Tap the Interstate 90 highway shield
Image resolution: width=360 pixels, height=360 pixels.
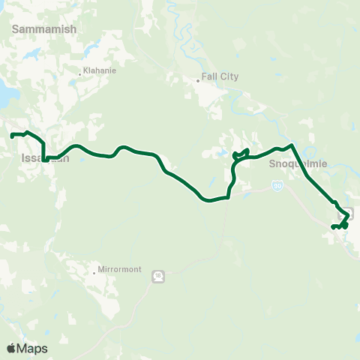tap(277, 185)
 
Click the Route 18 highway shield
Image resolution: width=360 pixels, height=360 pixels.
tap(158, 276)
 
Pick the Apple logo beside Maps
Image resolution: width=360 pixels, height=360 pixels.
tap(11, 348)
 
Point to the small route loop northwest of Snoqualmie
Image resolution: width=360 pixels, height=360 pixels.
tap(241, 154)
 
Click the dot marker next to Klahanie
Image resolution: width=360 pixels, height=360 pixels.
tap(80, 73)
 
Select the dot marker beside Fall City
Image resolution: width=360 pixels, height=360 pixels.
tap(198, 79)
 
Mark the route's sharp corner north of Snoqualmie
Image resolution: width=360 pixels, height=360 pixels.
tap(291, 144)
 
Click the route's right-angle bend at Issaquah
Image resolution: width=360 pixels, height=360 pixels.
tap(44, 159)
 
